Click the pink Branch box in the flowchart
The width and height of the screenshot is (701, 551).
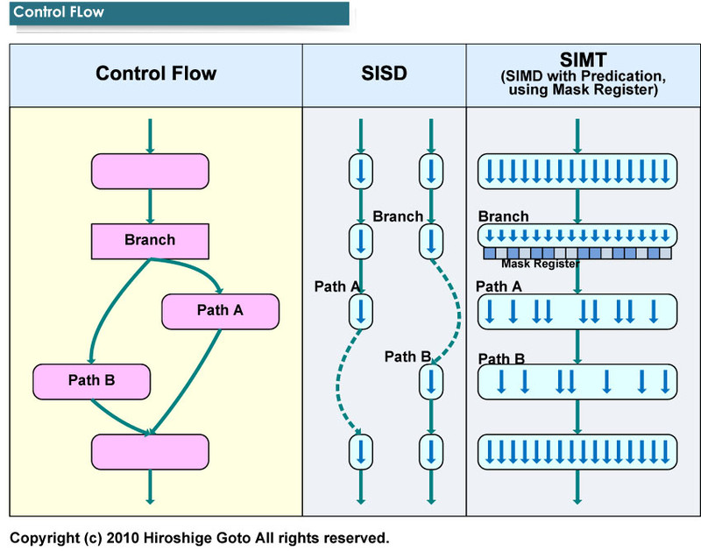click(x=150, y=240)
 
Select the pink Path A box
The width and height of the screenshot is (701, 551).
click(x=220, y=310)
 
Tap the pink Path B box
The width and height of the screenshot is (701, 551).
click(x=92, y=380)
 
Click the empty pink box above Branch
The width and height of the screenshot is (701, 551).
click(x=150, y=171)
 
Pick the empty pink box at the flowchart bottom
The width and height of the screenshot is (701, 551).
click(x=150, y=451)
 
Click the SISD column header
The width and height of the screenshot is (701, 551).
click(x=384, y=74)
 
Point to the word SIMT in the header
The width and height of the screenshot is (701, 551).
click(x=576, y=59)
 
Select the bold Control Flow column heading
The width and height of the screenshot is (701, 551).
click(x=156, y=74)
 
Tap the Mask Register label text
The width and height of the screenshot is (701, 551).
click(x=540, y=264)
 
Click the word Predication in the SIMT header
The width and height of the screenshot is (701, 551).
click(x=610, y=75)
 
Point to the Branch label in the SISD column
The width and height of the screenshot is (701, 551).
click(x=398, y=216)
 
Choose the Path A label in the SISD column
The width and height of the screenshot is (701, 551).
click(x=336, y=286)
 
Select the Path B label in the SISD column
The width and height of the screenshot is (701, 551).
click(x=407, y=357)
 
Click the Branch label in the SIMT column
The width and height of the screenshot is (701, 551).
click(x=503, y=216)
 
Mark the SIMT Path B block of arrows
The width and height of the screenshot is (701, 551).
click(x=577, y=381)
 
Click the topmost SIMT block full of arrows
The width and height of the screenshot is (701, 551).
click(x=577, y=171)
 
